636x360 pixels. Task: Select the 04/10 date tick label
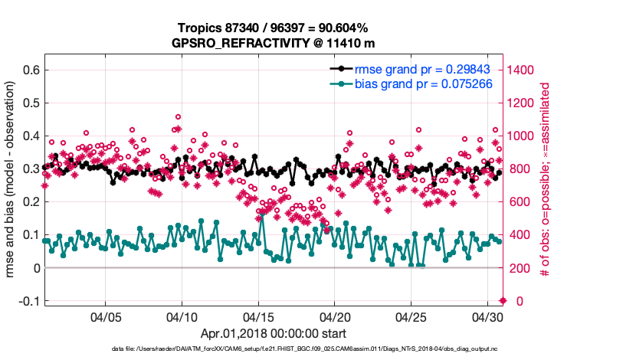tap(182, 316)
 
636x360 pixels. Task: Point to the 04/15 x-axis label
tap(258, 316)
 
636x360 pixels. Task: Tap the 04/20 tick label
tap(335, 316)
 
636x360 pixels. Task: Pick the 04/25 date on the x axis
tap(411, 316)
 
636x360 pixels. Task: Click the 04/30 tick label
tap(487, 316)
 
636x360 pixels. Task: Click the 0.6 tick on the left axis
tap(31, 70)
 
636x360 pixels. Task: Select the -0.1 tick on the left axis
tap(28, 301)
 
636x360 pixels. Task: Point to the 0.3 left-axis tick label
tap(31, 169)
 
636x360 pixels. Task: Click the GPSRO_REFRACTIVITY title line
tap(273, 43)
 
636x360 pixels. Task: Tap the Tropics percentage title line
tap(273, 28)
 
